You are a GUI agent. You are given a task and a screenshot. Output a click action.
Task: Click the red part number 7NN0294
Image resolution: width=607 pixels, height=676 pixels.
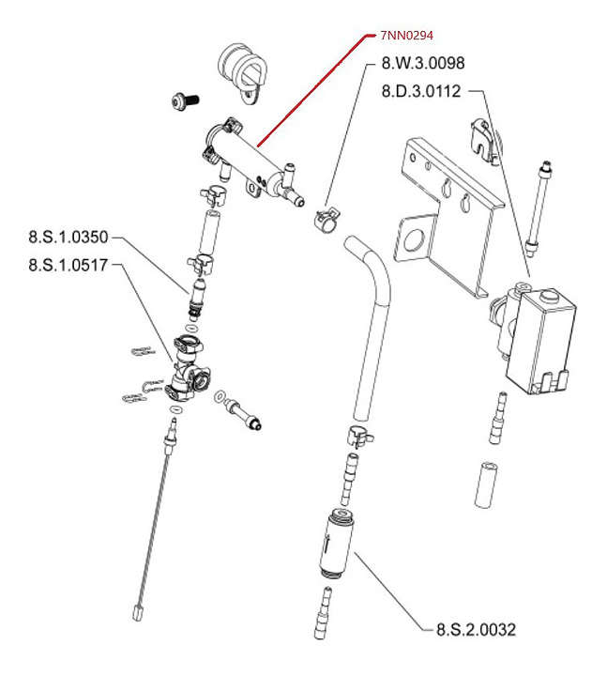[408, 36]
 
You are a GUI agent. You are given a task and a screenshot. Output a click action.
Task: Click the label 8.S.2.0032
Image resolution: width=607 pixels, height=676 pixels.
[476, 630]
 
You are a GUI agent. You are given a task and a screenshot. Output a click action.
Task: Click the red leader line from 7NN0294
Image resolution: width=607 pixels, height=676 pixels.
[310, 90]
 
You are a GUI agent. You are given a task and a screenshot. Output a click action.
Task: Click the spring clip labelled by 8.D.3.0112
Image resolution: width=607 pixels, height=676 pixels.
[484, 137]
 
